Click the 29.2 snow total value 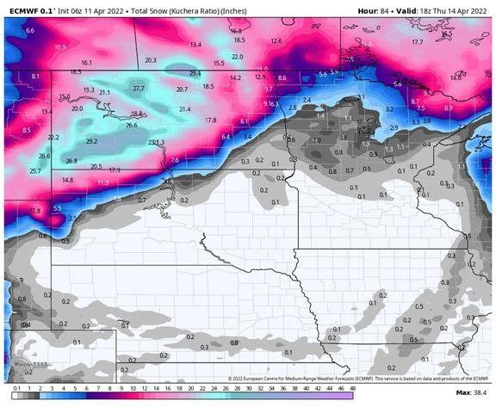[x=91, y=141]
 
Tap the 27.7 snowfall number [x=139, y=89]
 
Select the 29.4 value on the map [x=195, y=73]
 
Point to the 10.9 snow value [x=59, y=46]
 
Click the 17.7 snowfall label [x=417, y=41]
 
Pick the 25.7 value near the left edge [x=35, y=171]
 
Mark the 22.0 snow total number [x=237, y=56]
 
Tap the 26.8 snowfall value [x=71, y=161]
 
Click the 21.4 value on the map [x=184, y=109]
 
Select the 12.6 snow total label [x=276, y=40]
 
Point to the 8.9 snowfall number [x=447, y=108]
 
